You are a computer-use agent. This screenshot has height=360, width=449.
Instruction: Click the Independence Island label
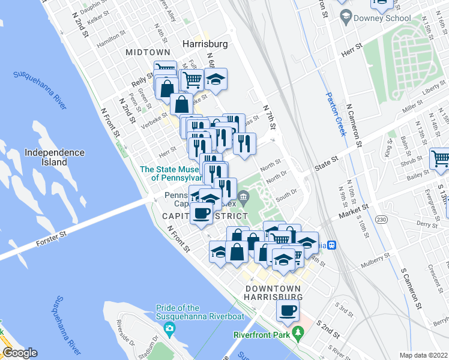click(55, 158)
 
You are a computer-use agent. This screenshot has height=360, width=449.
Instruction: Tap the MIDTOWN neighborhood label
click(147, 53)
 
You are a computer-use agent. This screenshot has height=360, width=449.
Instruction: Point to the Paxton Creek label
click(336, 113)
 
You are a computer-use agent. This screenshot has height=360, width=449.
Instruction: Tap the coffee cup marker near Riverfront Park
click(288, 311)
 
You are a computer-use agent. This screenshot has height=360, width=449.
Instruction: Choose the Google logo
click(20, 353)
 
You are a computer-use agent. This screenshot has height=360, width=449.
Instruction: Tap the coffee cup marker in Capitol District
click(202, 213)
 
